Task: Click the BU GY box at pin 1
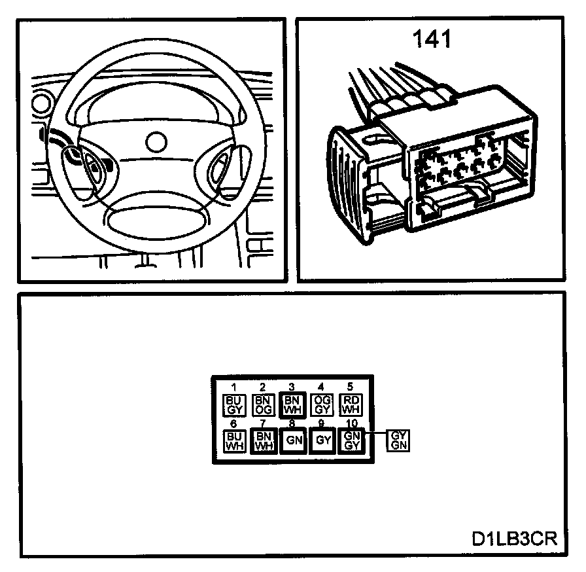(234, 405)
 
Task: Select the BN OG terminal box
(262, 405)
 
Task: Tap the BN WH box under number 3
(291, 405)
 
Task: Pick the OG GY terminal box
(320, 405)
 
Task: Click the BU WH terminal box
(234, 440)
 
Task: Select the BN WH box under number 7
(263, 440)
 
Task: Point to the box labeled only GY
(322, 440)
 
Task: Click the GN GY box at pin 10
(351, 440)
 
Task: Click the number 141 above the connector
(432, 40)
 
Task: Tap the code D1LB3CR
(513, 540)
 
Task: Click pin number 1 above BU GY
(233, 387)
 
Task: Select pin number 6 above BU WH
(233, 424)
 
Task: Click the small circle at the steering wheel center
(156, 141)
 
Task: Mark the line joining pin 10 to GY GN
(375, 434)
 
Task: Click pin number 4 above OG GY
(320, 387)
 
